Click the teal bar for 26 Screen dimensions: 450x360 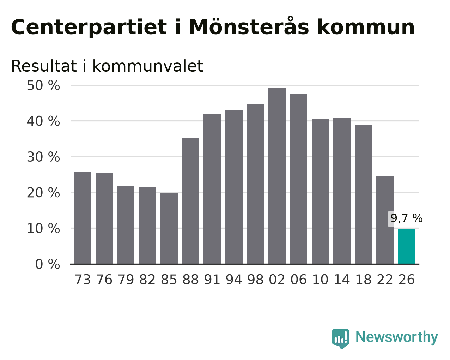[x=407, y=247]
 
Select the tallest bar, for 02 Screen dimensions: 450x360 [x=277, y=176]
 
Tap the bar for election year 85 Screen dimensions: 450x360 [x=169, y=229]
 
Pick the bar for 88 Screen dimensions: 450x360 [x=190, y=201]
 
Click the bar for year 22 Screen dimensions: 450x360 [x=385, y=220]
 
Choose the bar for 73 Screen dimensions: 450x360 [x=83, y=218]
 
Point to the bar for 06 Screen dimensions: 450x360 [x=299, y=179]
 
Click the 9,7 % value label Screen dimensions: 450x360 [x=407, y=218]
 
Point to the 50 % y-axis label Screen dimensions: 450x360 [x=43, y=86]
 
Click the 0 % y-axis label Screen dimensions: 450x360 [x=48, y=264]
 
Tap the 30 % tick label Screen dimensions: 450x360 [x=43, y=157]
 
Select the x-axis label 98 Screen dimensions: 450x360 [x=255, y=280]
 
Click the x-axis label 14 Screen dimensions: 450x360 [x=342, y=280]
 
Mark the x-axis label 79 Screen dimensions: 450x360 [x=126, y=280]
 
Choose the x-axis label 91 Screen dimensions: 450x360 [x=212, y=280]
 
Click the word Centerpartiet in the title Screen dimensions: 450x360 [x=89, y=28]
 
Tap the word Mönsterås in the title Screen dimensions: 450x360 [x=249, y=26]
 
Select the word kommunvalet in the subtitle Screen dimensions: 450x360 [x=148, y=66]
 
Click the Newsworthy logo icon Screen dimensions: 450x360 [x=341, y=339]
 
